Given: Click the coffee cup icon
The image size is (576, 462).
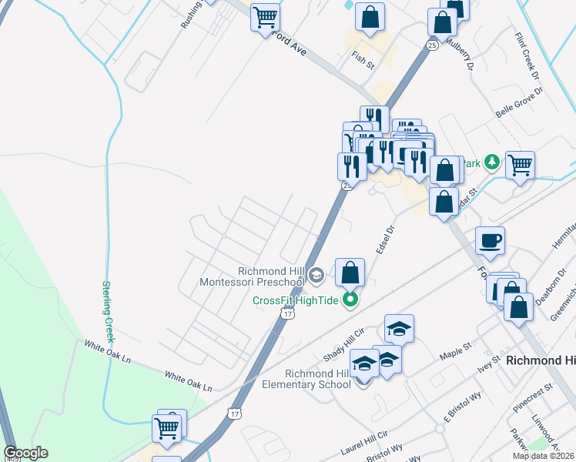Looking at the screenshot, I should [x=490, y=240].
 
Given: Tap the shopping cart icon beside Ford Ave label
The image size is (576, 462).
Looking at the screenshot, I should [x=265, y=16].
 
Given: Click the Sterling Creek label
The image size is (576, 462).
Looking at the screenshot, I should [x=109, y=311].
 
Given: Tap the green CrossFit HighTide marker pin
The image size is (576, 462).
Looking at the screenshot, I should [x=350, y=300].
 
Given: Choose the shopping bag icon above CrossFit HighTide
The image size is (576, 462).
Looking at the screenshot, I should [x=350, y=272].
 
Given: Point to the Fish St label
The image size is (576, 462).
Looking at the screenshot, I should [x=362, y=59].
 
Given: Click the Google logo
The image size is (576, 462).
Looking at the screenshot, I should [x=25, y=453].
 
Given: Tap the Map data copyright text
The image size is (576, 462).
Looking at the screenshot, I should [x=544, y=456].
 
